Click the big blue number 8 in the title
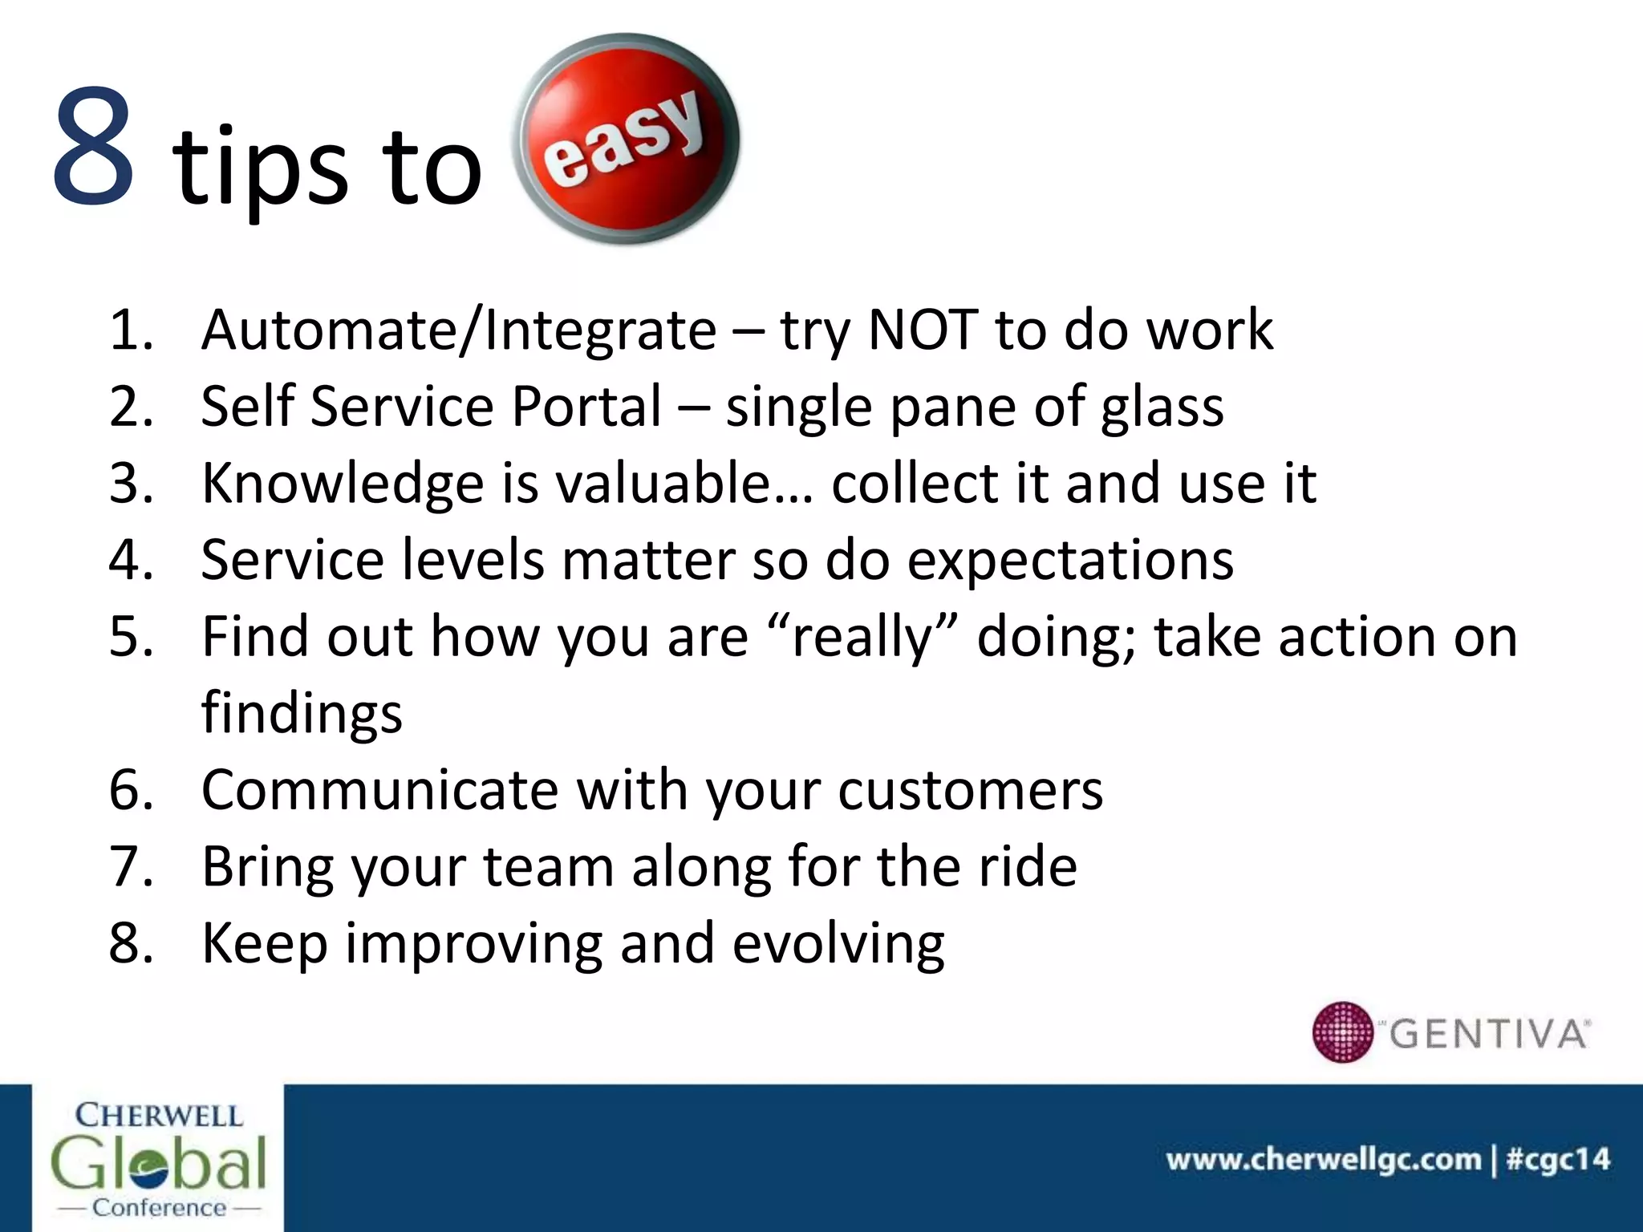tap(93, 146)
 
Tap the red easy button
tap(626, 138)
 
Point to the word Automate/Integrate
tap(459, 330)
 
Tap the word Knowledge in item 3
tap(343, 484)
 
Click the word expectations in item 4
tap(1070, 561)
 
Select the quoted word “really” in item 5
tap(862, 637)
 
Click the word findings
tap(302, 714)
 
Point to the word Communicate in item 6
tap(379, 790)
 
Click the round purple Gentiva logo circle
tap(1343, 1031)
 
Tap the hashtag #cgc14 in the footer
tap(1558, 1159)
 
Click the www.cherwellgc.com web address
tap(1323, 1159)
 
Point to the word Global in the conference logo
tap(158, 1162)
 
